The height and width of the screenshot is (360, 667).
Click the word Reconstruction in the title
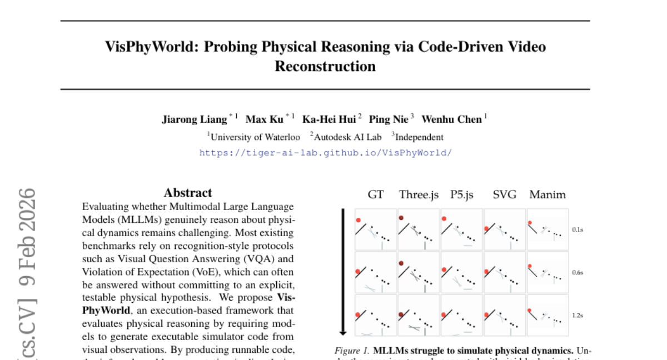(325, 67)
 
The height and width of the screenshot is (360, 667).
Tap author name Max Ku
(264, 119)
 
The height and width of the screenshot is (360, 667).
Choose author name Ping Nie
(389, 119)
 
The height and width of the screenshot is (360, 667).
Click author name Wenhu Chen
(451, 119)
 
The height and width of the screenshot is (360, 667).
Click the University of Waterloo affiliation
(255, 137)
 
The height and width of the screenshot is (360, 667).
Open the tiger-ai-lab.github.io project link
(325, 152)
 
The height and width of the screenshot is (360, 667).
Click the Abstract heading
(188, 193)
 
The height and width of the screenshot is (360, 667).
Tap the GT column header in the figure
(376, 194)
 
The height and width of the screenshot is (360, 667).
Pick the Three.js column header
(419, 194)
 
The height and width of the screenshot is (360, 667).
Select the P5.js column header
(461, 194)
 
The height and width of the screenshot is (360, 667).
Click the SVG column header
(504, 194)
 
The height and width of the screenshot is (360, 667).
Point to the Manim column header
(547, 194)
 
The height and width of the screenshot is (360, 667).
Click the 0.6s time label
(577, 272)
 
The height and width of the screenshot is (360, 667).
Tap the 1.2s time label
(577, 315)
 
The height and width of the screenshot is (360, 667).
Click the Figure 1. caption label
(352, 351)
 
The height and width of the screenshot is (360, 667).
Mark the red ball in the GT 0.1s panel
(359, 219)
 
